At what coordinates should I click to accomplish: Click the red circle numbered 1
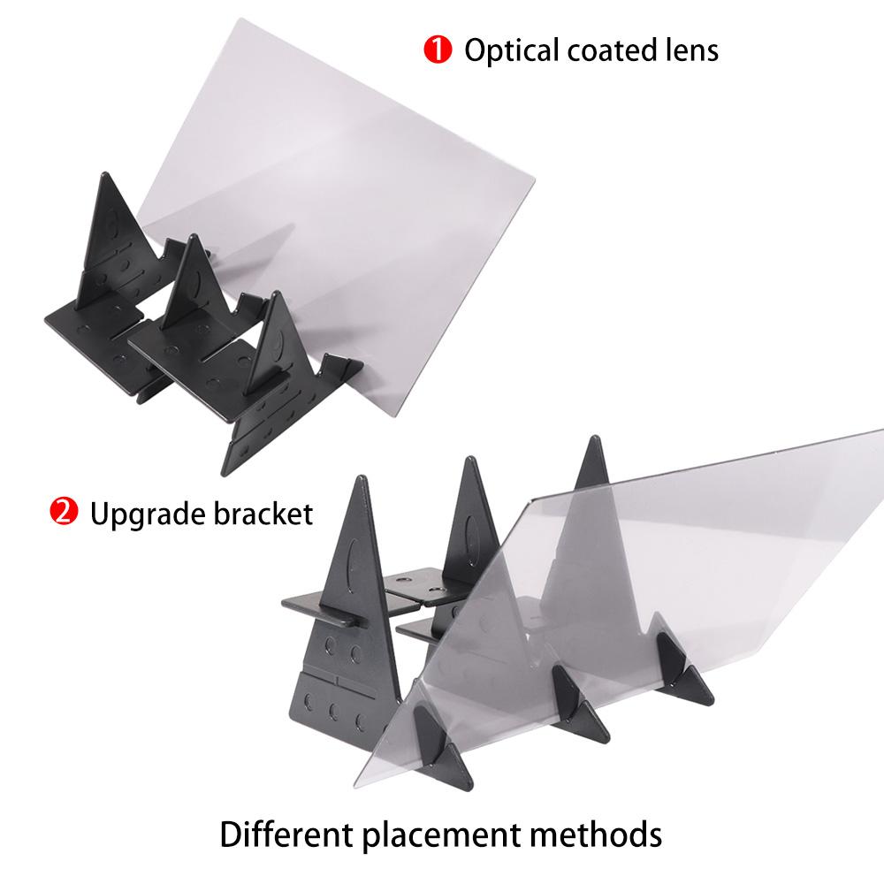438,50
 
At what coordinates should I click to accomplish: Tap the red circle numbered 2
63,511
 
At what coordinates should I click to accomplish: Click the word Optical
511,51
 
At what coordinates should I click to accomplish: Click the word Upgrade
147,515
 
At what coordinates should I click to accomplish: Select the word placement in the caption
441,836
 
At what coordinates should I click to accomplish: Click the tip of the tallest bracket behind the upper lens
105,173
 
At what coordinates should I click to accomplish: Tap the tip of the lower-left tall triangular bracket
361,477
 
